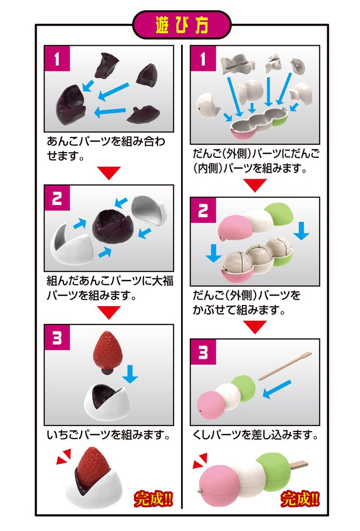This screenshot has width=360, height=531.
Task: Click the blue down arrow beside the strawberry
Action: pos(129,373)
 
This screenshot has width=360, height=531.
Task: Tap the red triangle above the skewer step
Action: pos(255,327)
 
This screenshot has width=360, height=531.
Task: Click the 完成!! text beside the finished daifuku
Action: pos(153,499)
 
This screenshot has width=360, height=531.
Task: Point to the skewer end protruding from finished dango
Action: pos(301,464)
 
